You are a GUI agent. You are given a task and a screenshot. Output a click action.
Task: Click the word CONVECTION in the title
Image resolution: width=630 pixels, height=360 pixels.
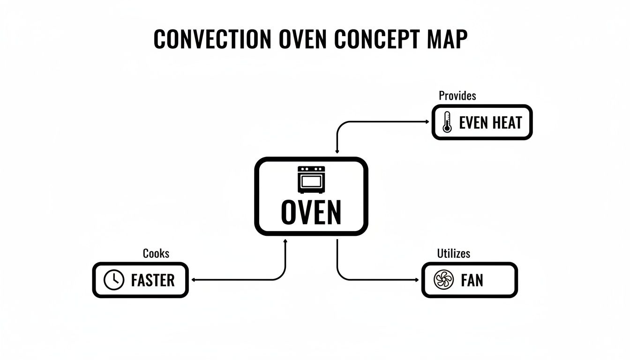click(x=212, y=39)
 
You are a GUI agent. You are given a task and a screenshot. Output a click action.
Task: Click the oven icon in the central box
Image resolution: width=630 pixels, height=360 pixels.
click(x=311, y=179)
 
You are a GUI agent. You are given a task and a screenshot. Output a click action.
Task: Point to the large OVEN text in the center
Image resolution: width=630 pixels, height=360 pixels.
click(x=311, y=212)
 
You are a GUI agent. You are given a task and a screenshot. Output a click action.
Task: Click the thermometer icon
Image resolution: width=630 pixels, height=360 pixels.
click(x=447, y=122)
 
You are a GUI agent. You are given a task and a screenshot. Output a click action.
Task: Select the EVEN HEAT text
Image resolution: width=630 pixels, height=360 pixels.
click(x=490, y=123)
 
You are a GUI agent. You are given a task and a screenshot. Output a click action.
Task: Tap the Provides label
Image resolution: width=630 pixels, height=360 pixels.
click(x=457, y=96)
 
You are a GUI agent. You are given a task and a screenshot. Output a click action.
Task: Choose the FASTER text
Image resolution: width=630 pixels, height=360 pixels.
click(x=153, y=280)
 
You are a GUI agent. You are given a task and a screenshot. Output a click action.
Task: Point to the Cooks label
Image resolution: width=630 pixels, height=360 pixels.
click(x=156, y=254)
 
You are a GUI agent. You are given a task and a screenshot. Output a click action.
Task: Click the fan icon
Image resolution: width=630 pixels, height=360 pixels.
click(x=444, y=280)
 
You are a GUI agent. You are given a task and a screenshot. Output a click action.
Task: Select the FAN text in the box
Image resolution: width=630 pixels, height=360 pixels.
click(x=472, y=280)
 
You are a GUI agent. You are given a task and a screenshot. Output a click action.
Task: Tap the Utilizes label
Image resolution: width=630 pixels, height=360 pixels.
click(x=453, y=254)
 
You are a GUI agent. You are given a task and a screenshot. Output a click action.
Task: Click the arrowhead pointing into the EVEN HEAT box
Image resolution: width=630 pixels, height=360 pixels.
click(x=427, y=122)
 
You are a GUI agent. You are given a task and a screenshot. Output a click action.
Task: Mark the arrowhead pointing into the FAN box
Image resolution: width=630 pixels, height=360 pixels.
click(x=417, y=280)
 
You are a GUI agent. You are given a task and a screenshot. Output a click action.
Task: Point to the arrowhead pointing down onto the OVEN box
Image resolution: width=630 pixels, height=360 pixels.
click(x=337, y=152)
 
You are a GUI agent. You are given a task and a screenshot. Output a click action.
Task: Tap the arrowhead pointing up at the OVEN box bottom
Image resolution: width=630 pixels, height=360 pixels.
click(x=286, y=241)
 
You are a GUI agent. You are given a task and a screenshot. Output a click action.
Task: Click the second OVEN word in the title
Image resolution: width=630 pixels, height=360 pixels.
click(x=302, y=39)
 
